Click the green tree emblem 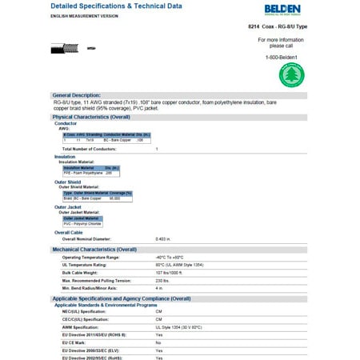pos(291,76)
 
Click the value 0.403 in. pos(164,238)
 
